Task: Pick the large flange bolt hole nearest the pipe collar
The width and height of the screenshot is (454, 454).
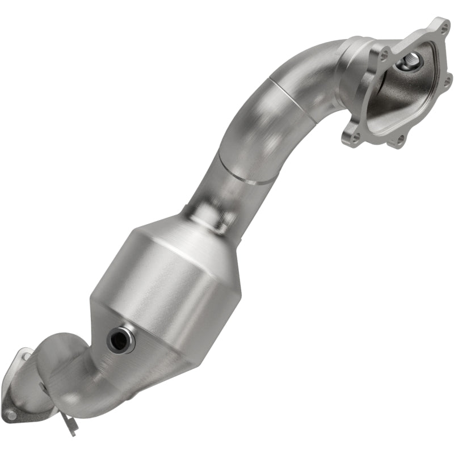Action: [386, 56]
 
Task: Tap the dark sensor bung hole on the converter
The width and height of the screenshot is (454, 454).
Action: [120, 339]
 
